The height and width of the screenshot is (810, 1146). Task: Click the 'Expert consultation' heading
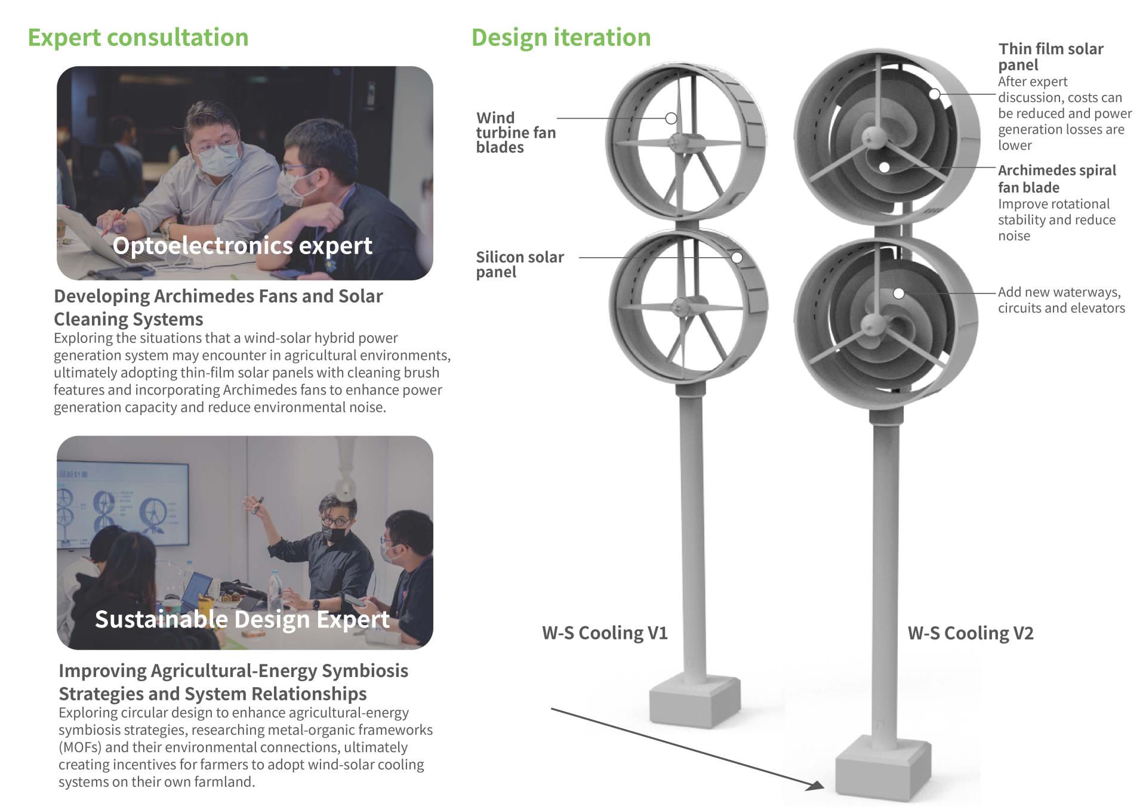138,38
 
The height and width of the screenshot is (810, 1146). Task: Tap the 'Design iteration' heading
561,38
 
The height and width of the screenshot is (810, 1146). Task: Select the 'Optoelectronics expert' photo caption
242,245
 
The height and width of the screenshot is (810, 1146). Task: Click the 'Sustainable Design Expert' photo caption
242,619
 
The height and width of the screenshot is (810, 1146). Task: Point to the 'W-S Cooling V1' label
605,632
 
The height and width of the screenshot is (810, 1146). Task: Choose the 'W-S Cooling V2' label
971,633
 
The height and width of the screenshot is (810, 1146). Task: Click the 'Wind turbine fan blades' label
516,132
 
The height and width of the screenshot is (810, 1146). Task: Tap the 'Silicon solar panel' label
520,264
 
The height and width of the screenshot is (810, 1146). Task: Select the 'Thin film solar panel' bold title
1050,57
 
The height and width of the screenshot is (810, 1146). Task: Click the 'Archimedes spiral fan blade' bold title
1056,178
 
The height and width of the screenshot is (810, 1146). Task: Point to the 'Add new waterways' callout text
1059,292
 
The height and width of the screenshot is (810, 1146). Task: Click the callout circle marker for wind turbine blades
671,118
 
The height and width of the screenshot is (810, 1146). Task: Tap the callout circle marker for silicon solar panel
737,258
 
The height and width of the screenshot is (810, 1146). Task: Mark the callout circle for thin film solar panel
935,94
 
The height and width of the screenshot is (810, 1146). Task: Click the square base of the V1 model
695,701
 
